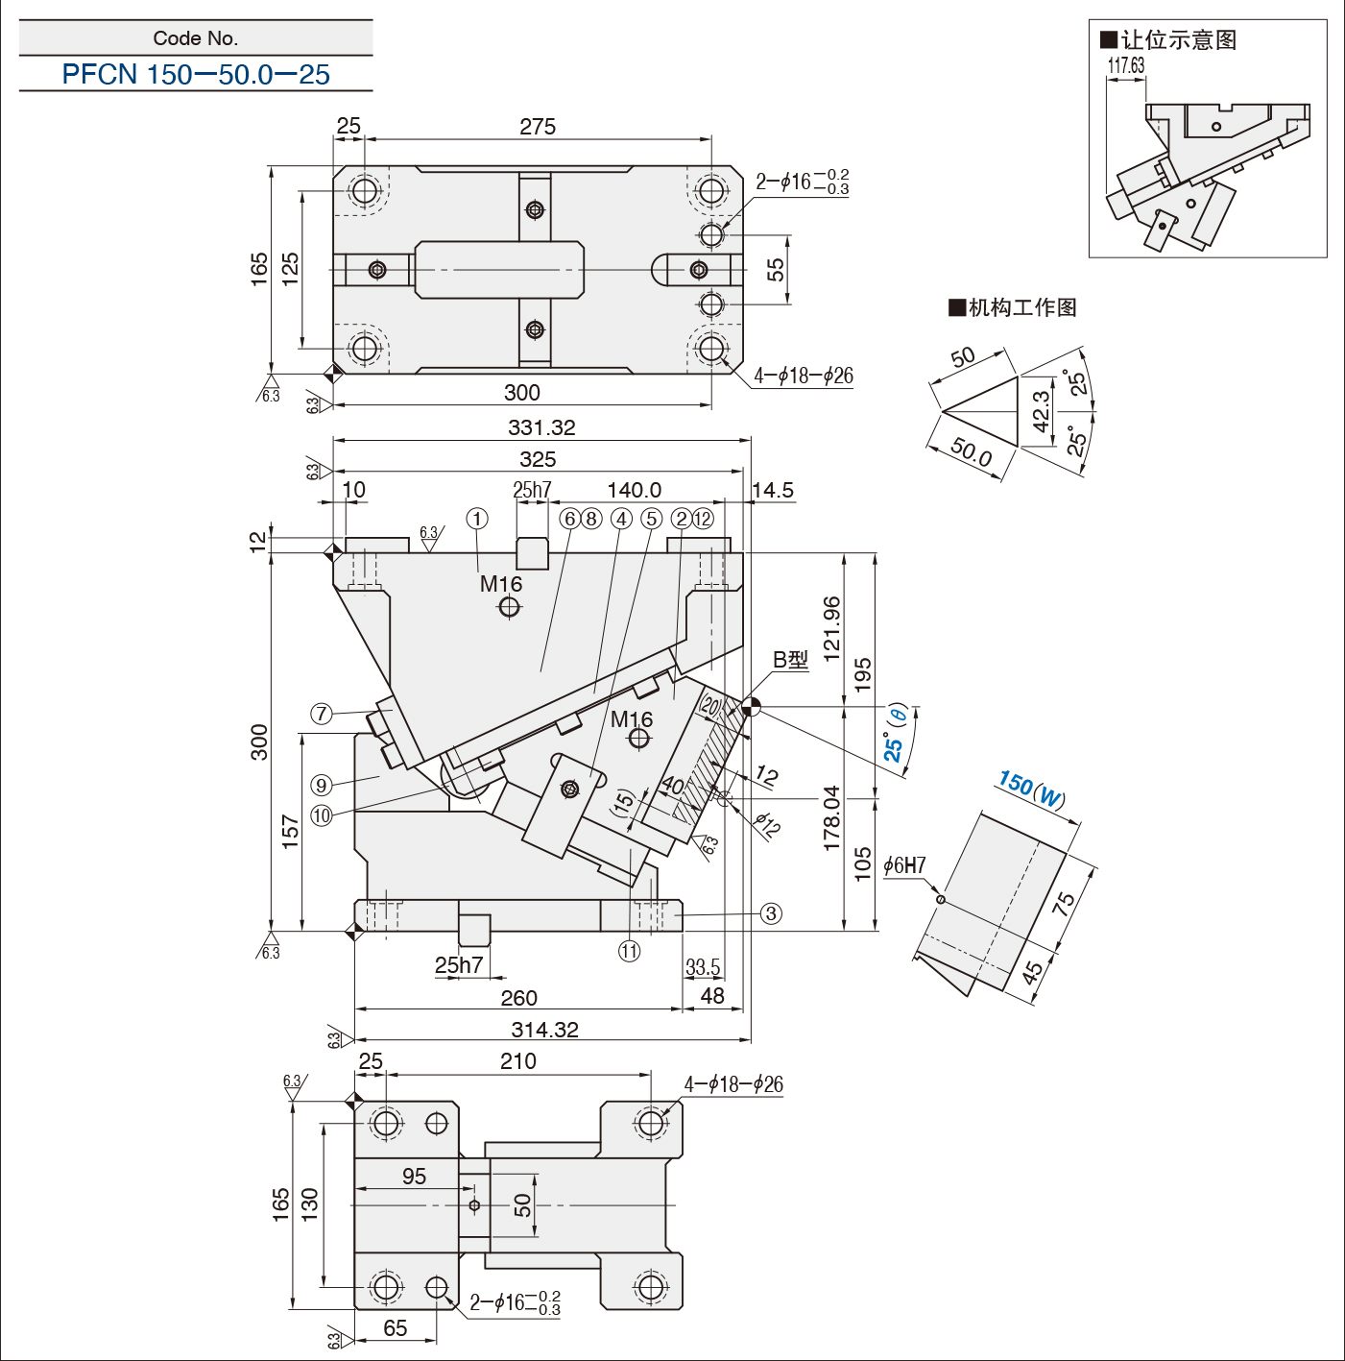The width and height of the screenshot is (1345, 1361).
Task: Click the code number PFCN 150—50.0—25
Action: click(x=196, y=74)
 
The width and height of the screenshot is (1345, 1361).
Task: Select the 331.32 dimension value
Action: click(x=541, y=427)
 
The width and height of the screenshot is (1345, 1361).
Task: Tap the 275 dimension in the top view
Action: click(x=538, y=127)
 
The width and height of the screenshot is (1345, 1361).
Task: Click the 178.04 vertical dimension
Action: click(x=831, y=818)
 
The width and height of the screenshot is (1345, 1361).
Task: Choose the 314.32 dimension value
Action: click(x=544, y=1030)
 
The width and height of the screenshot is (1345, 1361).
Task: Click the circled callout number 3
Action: click(x=771, y=913)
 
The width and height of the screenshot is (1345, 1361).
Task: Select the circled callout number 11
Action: click(x=629, y=951)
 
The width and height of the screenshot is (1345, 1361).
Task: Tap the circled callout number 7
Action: click(x=322, y=714)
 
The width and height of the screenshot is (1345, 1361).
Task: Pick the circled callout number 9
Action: click(x=322, y=785)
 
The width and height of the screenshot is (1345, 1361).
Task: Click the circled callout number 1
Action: click(x=477, y=519)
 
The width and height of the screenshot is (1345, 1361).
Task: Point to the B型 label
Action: click(x=790, y=660)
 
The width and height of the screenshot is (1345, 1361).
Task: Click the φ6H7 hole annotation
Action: click(x=904, y=865)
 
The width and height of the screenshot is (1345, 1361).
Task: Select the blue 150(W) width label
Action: click(x=1032, y=790)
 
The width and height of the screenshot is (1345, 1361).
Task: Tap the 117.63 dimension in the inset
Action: click(x=1126, y=65)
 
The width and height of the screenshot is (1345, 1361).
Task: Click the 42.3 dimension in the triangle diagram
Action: click(x=1042, y=411)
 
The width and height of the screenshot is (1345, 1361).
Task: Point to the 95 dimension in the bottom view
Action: click(x=414, y=1177)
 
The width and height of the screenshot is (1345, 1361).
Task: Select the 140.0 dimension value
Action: click(x=634, y=491)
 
